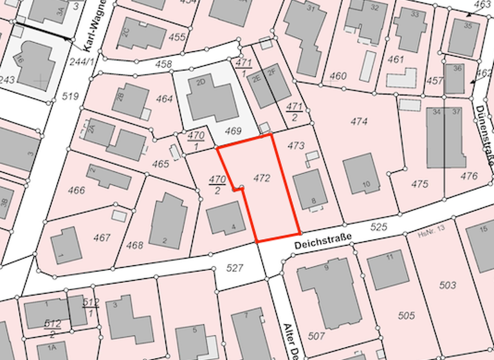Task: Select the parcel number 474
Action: pyautogui.click(x=359, y=121)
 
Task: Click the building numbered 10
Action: pyautogui.click(x=362, y=174)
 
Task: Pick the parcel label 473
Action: pyautogui.click(x=295, y=146)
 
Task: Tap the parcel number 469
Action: pyautogui.click(x=232, y=131)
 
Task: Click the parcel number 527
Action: pyautogui.click(x=236, y=267)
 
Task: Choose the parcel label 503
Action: pyautogui.click(x=448, y=285)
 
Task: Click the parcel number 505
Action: pyautogui.click(x=406, y=315)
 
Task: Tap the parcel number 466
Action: pyautogui.click(x=76, y=190)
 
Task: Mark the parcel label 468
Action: pyautogui.click(x=134, y=245)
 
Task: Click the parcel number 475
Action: pyautogui.click(x=419, y=184)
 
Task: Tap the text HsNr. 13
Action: pyautogui.click(x=432, y=228)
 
